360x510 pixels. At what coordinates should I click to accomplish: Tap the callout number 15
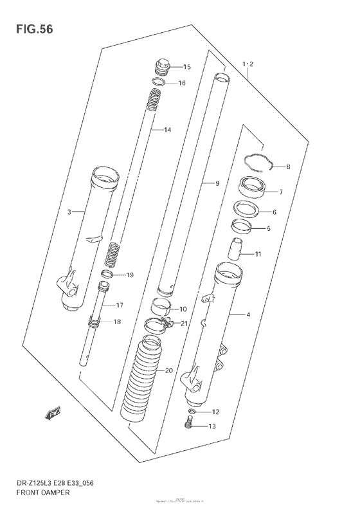click(187, 68)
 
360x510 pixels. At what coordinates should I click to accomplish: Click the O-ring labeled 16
click(160, 82)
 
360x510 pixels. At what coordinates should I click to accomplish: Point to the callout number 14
click(168, 131)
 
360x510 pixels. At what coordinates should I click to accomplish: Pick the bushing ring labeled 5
click(242, 226)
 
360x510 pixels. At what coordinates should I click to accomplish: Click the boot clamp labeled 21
click(159, 325)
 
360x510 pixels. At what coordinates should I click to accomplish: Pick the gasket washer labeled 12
click(192, 411)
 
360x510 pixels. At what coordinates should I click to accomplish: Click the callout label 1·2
click(249, 64)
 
